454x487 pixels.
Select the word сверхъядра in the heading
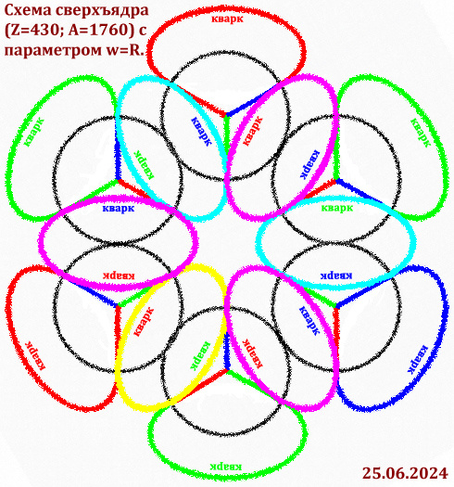102,11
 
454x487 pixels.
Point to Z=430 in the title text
35,31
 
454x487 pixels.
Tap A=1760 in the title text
100,31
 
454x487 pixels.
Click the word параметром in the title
53,51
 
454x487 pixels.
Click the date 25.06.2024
405,474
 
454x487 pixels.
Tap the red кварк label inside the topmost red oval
228,19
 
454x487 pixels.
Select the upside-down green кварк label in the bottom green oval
226,466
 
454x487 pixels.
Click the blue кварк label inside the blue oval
417,359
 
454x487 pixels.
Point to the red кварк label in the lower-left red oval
35,355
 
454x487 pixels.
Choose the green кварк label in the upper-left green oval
33,132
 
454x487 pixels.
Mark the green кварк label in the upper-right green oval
421,133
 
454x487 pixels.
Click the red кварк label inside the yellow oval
144,322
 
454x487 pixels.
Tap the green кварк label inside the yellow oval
200,356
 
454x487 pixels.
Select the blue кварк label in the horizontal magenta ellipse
119,208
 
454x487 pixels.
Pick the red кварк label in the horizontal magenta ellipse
119,276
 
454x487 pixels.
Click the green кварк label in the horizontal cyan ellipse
337,207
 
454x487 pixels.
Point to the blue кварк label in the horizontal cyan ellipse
336,276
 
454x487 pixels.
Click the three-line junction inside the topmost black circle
226,115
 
